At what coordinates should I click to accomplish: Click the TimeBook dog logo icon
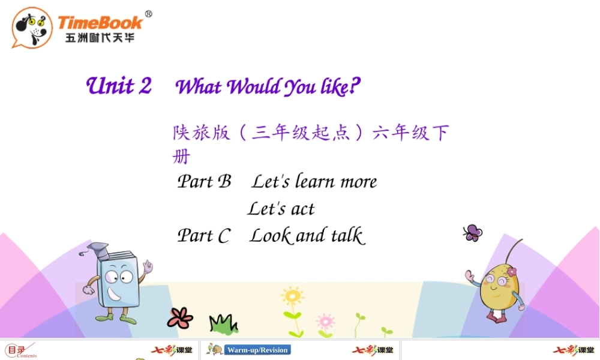click(x=32, y=28)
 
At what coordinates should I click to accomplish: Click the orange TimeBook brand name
click(x=100, y=23)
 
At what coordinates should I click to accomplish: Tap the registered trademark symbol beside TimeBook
click(x=148, y=14)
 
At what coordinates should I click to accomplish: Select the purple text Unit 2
click(x=119, y=86)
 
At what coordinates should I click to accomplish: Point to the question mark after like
click(x=355, y=87)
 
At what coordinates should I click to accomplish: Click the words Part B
click(x=204, y=181)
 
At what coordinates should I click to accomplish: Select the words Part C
click(x=203, y=236)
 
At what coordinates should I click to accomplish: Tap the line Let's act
click(x=281, y=209)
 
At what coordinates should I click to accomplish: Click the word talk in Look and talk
click(x=347, y=236)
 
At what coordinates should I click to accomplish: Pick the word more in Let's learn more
click(x=359, y=182)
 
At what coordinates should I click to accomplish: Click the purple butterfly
click(x=473, y=233)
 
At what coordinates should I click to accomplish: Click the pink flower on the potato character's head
click(x=511, y=272)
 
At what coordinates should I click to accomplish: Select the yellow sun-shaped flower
click(x=292, y=296)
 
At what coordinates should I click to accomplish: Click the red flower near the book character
click(x=180, y=317)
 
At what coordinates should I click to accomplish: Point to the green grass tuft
click(x=222, y=324)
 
